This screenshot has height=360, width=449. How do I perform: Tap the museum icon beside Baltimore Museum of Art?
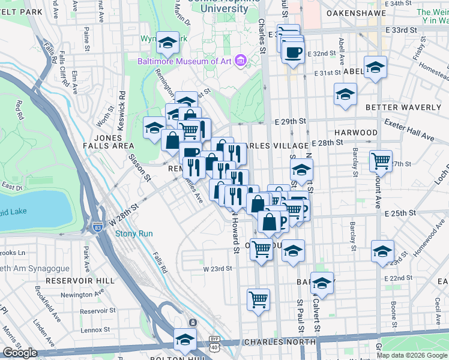pyautogui.click(x=240, y=61)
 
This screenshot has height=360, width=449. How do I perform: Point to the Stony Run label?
pyautogui.click(x=134, y=233)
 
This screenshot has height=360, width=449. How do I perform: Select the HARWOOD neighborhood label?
pyautogui.click(x=357, y=132)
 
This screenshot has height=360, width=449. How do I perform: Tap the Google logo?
pyautogui.click(x=20, y=353)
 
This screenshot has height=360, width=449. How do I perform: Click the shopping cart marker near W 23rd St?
pyautogui.click(x=258, y=298)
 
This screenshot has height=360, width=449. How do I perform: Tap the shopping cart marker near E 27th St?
pyautogui.click(x=381, y=160)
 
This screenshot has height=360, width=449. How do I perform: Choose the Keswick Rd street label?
pyautogui.click(x=122, y=103)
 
